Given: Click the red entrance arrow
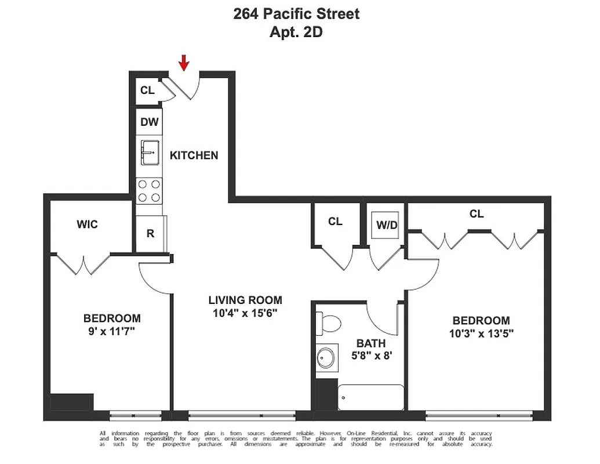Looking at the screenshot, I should tap(184, 63).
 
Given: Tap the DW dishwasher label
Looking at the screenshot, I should tap(150, 122).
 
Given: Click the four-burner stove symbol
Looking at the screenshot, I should tap(150, 191).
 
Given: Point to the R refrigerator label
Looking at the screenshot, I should tap(150, 234).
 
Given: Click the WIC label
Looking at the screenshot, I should tap(87, 224).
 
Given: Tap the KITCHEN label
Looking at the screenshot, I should tap(194, 155).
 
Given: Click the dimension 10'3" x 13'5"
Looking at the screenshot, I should tap(481, 333).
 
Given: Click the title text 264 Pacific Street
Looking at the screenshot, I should tap(296, 14).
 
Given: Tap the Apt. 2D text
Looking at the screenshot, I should tap(296, 32).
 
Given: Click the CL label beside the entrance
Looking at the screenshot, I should tap(147, 90).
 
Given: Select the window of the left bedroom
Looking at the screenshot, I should tap(136, 415).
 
